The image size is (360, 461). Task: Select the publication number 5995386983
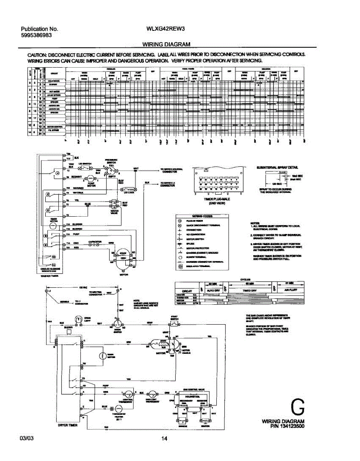[x=36, y=35]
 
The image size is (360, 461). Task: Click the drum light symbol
[x=78, y=320]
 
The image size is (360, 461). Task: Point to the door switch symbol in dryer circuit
[x=116, y=324]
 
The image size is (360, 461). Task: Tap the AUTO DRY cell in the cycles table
[x=212, y=290]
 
